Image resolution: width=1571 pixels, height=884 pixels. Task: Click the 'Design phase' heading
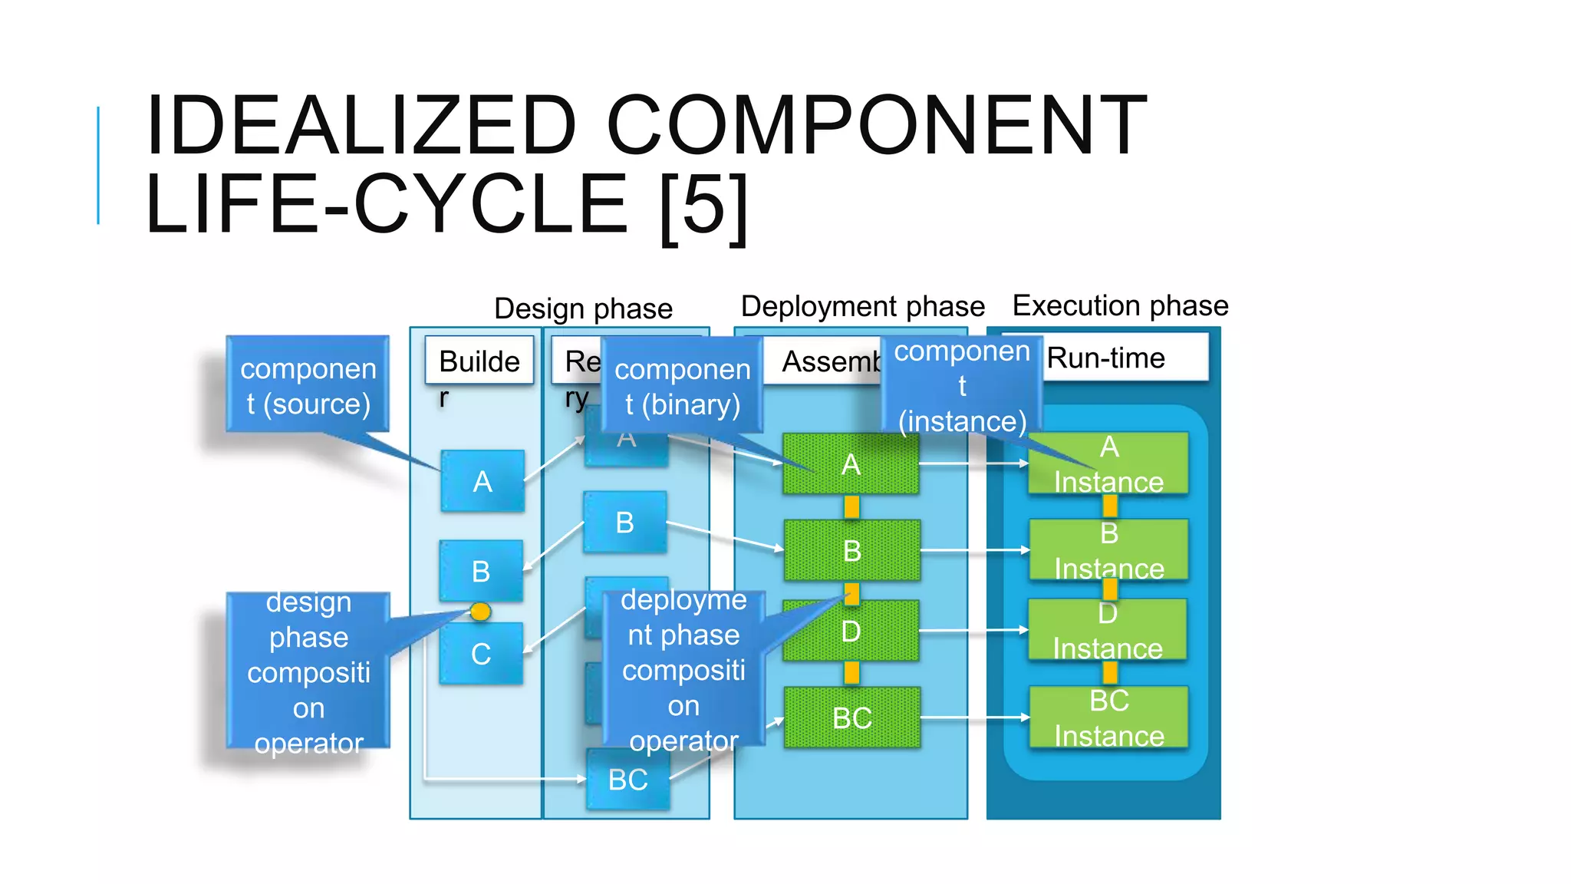click(583, 308)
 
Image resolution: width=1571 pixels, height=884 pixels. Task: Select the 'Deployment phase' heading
click(862, 306)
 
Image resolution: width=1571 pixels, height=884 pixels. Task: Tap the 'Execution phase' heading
click(1120, 305)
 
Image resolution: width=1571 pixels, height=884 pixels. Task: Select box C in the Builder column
click(481, 654)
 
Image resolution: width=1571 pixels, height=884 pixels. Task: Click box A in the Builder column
click(482, 482)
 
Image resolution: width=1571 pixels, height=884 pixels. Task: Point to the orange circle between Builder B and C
click(480, 612)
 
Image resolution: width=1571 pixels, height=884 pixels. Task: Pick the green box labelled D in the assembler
click(851, 632)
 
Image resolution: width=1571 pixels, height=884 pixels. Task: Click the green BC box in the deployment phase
click(851, 718)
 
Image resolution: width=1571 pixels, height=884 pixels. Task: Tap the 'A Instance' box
click(1108, 463)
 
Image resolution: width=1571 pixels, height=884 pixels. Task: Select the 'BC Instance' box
click(1108, 718)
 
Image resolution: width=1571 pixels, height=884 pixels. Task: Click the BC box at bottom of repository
click(627, 780)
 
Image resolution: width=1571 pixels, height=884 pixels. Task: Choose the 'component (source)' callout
click(308, 385)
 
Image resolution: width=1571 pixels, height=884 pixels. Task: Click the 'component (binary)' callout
click(682, 386)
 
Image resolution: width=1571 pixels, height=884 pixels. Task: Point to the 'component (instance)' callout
click(961, 385)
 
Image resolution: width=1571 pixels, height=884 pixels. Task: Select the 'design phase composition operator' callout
click(308, 671)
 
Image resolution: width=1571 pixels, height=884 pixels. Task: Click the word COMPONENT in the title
click(876, 124)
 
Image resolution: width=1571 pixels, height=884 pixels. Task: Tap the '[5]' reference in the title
click(703, 206)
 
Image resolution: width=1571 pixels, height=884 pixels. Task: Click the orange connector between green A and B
click(851, 506)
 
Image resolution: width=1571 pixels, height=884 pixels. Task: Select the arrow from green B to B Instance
click(974, 550)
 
